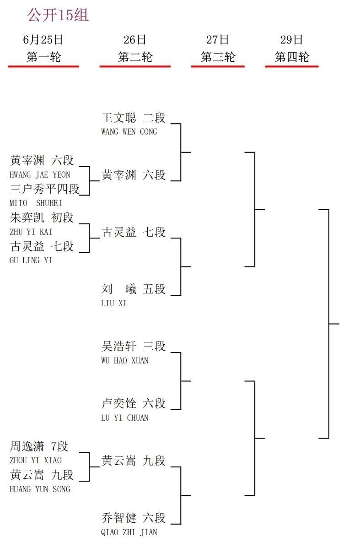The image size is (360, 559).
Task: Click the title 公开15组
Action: point(58,15)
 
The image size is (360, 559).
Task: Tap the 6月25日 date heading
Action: point(43,40)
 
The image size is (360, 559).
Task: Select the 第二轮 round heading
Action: point(135,57)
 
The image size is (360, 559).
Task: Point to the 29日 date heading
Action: point(291,40)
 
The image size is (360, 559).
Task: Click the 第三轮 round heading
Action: point(218,57)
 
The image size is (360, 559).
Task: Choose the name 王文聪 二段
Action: point(134,118)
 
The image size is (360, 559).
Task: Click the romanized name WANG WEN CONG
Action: point(129,131)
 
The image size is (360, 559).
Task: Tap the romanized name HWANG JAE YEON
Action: point(40,175)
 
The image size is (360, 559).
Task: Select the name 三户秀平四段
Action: point(44,189)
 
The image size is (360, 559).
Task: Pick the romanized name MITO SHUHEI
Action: point(36,203)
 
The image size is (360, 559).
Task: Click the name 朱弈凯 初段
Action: point(42,217)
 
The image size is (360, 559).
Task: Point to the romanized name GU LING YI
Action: point(31,261)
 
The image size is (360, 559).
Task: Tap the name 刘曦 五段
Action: point(134,289)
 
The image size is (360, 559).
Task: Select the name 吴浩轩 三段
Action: point(134,346)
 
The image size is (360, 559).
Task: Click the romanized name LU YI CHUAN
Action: point(125,418)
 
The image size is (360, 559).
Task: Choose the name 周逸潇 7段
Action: point(39,446)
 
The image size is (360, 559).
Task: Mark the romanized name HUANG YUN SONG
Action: point(40,489)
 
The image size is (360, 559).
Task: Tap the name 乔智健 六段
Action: point(134,518)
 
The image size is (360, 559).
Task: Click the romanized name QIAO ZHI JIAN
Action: point(129,532)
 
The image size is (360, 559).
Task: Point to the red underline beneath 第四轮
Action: point(292,66)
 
